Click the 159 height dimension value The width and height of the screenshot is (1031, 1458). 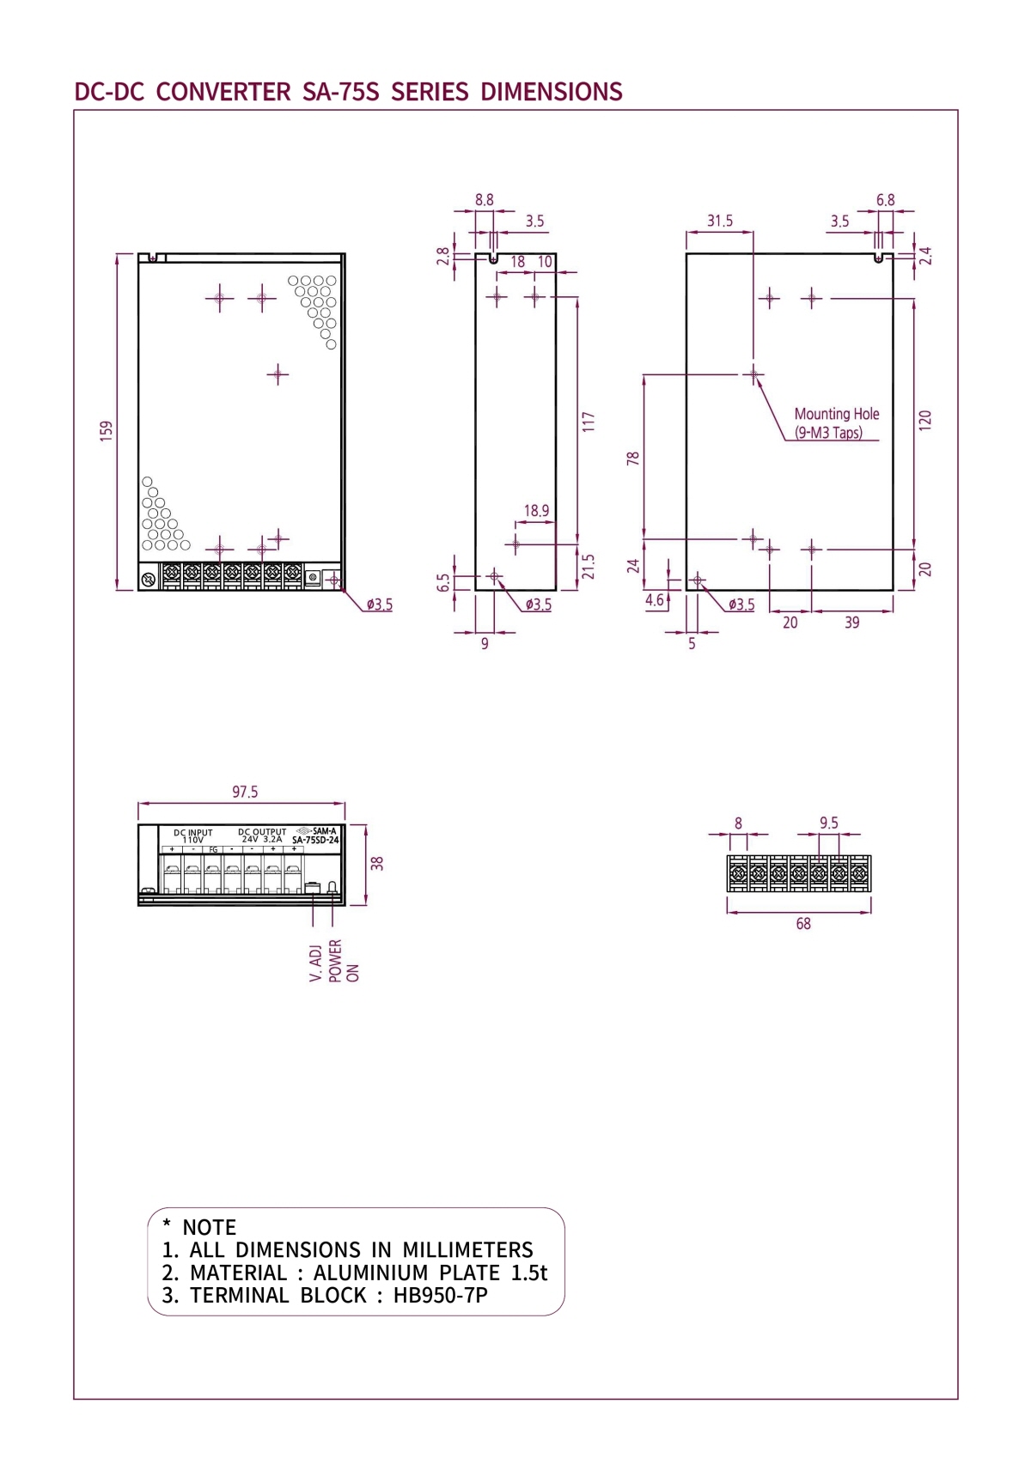[107, 431]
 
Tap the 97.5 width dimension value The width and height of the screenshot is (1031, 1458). [245, 792]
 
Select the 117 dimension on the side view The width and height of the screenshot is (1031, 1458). [589, 422]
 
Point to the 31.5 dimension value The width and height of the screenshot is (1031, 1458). [720, 221]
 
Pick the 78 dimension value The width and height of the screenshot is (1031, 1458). [633, 459]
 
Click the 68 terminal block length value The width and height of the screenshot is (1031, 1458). [803, 924]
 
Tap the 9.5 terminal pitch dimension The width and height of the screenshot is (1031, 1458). [828, 823]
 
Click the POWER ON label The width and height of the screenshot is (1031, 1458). [344, 961]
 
